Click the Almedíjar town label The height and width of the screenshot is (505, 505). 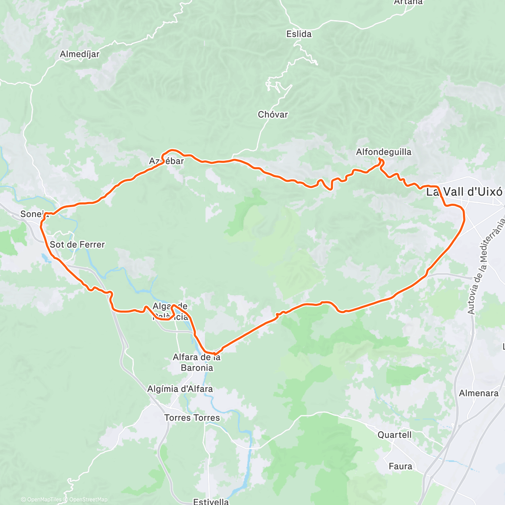tap(80, 54)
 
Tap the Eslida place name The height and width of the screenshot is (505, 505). tap(299, 34)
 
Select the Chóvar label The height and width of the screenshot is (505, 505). tap(273, 114)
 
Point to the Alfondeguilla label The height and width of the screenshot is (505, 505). tap(383, 152)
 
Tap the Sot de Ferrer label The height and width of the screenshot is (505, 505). tap(77, 245)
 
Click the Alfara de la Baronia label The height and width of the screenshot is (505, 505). tap(197, 362)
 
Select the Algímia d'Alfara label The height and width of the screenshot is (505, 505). tap(180, 389)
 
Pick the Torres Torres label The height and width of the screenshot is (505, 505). tap(192, 417)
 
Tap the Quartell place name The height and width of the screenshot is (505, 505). tap(394, 435)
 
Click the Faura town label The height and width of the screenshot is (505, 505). tap(400, 466)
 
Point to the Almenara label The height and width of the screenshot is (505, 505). tap(478, 393)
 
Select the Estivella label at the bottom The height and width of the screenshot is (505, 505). tap(211, 501)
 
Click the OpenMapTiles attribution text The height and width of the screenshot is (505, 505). tap(44, 500)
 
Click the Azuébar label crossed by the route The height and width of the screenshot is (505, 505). tap(166, 161)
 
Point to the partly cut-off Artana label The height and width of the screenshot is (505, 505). tap(408, 2)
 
